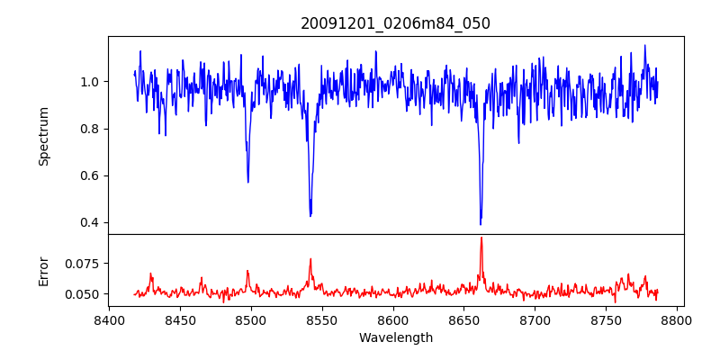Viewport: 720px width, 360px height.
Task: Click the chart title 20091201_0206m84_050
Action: pyautogui.click(x=395, y=23)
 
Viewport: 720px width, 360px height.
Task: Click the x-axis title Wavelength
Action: pyautogui.click(x=395, y=337)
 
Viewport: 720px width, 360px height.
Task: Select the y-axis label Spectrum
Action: pyautogui.click(x=44, y=136)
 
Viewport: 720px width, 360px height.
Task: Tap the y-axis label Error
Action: pyautogui.click(x=44, y=270)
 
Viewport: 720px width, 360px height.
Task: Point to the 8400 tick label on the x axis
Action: pyautogui.click(x=109, y=319)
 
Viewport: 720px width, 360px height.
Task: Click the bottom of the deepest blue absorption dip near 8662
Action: pyautogui.click(x=481, y=224)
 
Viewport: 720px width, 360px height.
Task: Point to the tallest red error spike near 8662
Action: pyautogui.click(x=481, y=238)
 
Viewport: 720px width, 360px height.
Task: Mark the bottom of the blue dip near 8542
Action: pyautogui.click(x=310, y=216)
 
